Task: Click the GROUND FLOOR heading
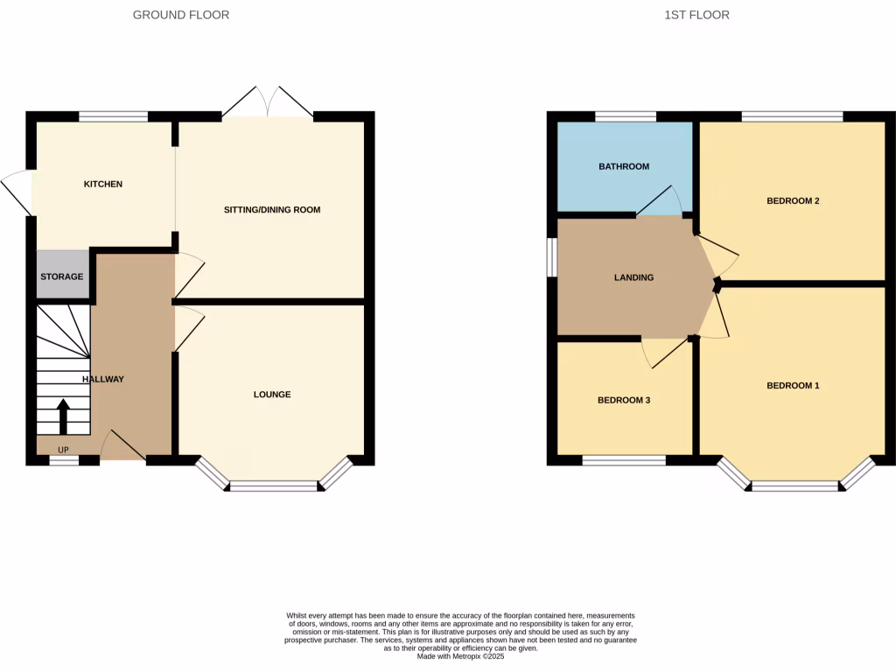181,15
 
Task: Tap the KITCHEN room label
102,185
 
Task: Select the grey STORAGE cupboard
62,276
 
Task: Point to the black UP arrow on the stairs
63,416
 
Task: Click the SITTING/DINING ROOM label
272,210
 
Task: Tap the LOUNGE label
272,395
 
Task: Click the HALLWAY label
103,379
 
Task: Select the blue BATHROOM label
624,166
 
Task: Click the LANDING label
633,277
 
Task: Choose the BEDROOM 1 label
793,386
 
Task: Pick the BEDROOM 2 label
793,201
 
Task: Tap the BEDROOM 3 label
624,400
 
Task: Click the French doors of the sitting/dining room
268,103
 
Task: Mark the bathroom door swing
661,200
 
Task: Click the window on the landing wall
552,257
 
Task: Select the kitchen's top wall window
114,116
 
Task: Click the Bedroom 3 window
623,459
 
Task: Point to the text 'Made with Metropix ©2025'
460,656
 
